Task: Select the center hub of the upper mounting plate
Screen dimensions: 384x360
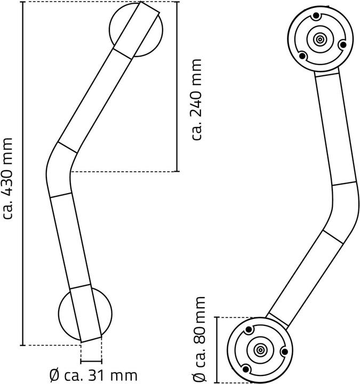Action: click(x=320, y=39)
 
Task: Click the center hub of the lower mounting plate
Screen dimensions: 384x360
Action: click(x=261, y=350)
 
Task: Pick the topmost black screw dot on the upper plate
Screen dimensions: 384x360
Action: click(x=316, y=16)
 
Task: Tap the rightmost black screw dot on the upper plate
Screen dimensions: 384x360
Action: click(x=344, y=43)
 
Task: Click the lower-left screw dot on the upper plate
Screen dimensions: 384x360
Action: click(x=302, y=55)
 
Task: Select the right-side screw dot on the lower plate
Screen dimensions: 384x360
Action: click(x=284, y=351)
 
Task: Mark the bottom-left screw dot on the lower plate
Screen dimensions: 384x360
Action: click(x=246, y=369)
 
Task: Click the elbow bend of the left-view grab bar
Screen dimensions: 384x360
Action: click(x=58, y=168)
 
